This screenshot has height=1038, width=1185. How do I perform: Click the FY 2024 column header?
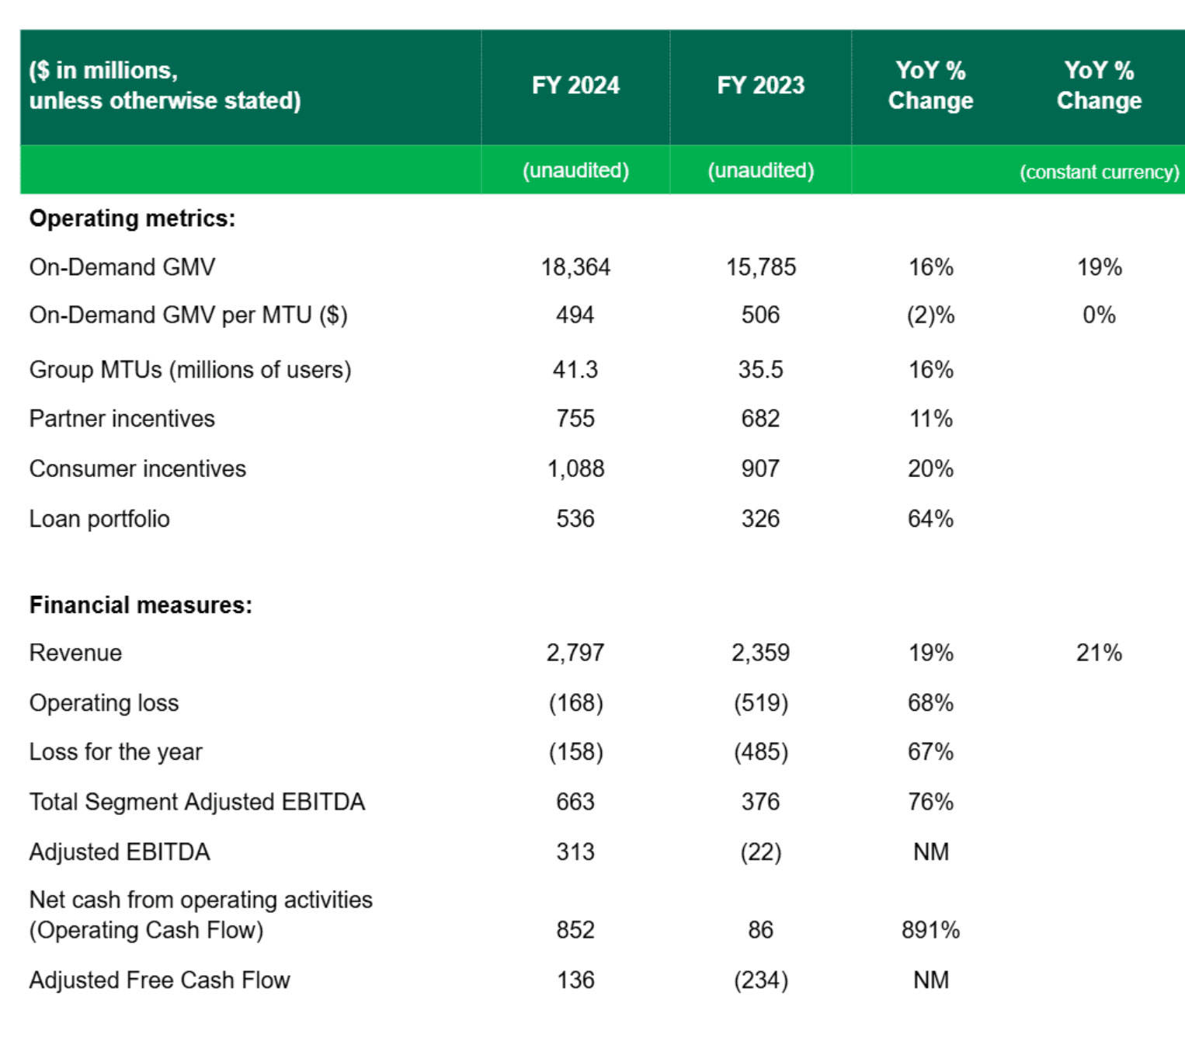click(x=575, y=85)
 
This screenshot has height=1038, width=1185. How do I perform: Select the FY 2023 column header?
click(x=760, y=85)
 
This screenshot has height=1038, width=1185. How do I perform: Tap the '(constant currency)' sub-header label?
click(x=1100, y=172)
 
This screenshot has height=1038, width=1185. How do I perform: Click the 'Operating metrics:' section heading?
click(x=133, y=218)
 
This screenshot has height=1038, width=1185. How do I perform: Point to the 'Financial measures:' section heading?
click(x=141, y=605)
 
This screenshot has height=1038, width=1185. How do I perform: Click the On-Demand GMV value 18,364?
click(x=575, y=268)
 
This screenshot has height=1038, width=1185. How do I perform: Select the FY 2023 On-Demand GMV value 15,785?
click(x=761, y=268)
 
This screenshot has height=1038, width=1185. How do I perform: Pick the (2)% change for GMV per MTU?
click(x=931, y=316)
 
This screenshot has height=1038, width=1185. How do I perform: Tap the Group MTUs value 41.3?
click(x=575, y=370)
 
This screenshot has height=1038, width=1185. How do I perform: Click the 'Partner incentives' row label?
click(x=122, y=419)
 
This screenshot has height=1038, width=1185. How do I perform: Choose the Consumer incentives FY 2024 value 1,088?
click(x=575, y=468)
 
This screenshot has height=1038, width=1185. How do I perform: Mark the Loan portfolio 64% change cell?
click(x=931, y=519)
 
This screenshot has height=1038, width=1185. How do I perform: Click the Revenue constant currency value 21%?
click(x=1100, y=653)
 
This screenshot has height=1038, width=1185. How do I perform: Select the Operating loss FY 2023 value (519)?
click(x=761, y=704)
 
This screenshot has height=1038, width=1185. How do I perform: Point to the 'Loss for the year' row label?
click(x=116, y=752)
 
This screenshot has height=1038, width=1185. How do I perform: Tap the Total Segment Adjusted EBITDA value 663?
click(x=575, y=802)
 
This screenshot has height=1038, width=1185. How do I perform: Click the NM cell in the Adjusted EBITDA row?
click(x=931, y=852)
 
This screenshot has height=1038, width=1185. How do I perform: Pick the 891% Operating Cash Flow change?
click(x=931, y=930)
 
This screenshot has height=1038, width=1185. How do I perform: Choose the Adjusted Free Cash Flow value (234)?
click(x=761, y=981)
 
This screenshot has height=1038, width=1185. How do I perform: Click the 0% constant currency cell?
click(x=1100, y=316)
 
